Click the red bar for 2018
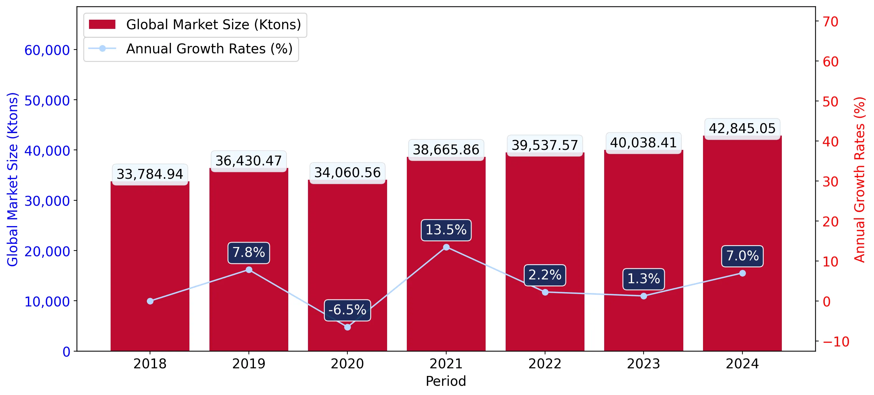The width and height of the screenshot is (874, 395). (x=150, y=266)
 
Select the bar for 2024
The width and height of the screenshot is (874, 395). (x=742, y=244)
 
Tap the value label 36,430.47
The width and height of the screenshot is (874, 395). (x=249, y=161)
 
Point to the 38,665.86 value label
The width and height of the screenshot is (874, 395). (x=446, y=150)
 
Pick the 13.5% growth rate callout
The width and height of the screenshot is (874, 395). (x=446, y=230)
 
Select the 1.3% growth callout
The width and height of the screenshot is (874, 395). (x=644, y=279)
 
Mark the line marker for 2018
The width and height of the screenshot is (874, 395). (x=150, y=301)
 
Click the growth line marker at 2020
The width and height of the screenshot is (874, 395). (x=347, y=327)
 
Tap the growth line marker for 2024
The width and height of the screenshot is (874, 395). (x=742, y=273)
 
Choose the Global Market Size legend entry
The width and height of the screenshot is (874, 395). (x=195, y=25)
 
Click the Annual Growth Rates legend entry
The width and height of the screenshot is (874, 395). (x=191, y=49)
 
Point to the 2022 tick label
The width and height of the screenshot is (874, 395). (x=545, y=364)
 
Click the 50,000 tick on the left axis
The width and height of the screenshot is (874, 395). (x=47, y=101)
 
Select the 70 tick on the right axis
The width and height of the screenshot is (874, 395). (x=830, y=22)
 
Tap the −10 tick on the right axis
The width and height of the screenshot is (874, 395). (x=836, y=342)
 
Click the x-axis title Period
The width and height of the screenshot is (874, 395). (x=446, y=381)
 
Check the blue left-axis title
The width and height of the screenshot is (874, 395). (x=12, y=179)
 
